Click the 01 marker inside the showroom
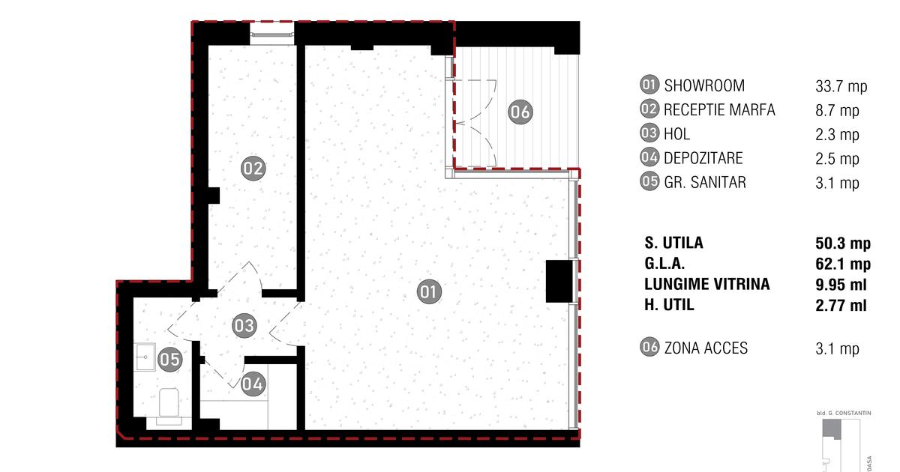[x=429, y=291]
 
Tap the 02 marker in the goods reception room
[x=253, y=168]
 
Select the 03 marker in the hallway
[x=244, y=325]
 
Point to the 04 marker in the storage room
[x=253, y=384]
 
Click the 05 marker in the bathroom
[x=170, y=359]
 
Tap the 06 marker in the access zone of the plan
[x=520, y=112]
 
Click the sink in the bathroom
[x=145, y=357]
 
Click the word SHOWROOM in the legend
[x=704, y=85]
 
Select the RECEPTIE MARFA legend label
[x=719, y=109]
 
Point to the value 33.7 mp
[x=841, y=86]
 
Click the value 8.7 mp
[x=837, y=110]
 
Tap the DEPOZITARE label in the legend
[x=703, y=158]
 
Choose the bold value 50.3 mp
[x=843, y=243]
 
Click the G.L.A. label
[x=664, y=264]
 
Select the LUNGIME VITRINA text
[x=707, y=284]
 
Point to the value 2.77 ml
[x=841, y=306]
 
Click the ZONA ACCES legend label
[x=706, y=348]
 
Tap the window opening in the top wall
[x=272, y=33]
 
